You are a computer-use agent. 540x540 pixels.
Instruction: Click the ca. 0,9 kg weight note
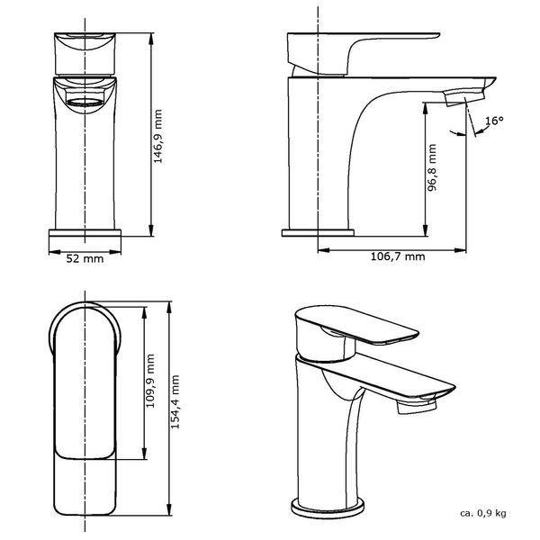(x=482, y=513)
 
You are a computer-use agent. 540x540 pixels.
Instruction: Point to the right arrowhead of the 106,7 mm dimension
(x=467, y=247)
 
